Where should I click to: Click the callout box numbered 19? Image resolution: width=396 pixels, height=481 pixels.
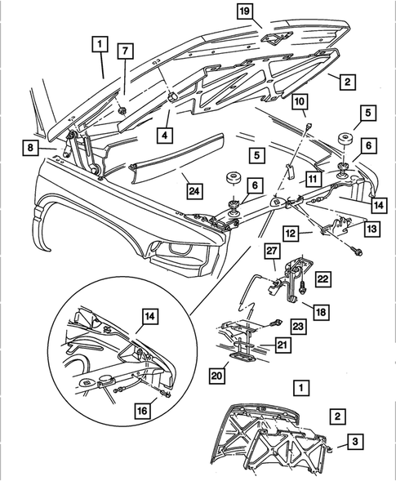[244, 11]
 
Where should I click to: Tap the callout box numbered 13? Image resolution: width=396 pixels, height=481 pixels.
[372, 229]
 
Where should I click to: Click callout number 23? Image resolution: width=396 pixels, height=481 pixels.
[296, 324]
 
